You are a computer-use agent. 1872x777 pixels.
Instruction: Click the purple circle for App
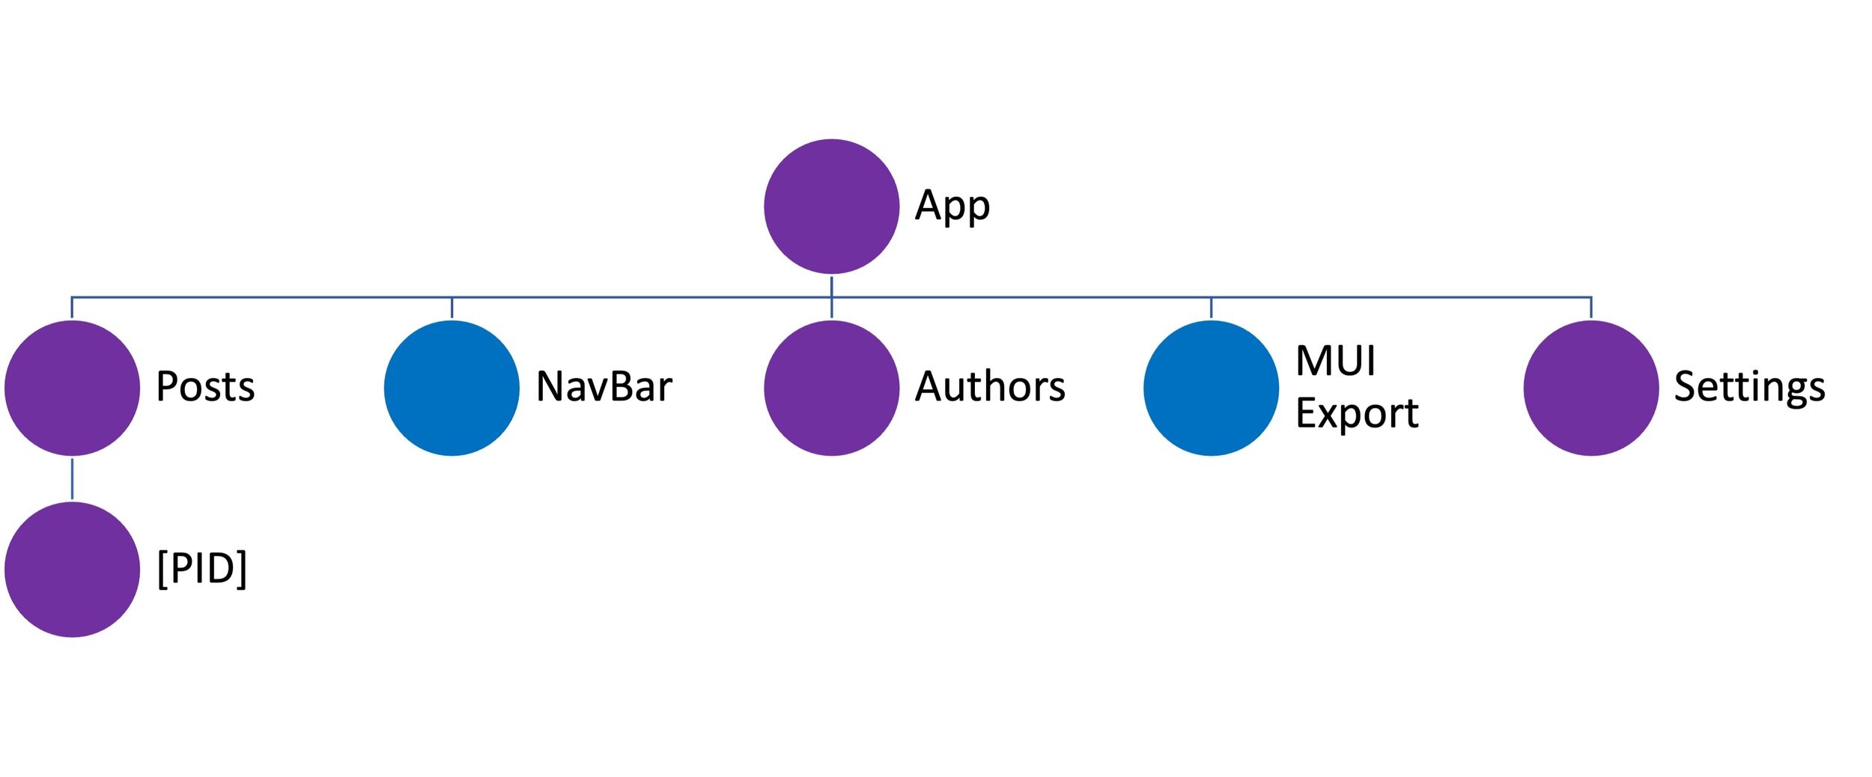click(831, 207)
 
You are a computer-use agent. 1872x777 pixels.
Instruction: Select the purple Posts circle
click(72, 388)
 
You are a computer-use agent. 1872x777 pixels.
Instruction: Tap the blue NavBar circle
click(452, 388)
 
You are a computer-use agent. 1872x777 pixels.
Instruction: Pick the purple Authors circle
click(831, 388)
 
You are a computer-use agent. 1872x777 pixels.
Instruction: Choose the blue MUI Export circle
click(1211, 388)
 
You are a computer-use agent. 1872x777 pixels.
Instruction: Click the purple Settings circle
click(1590, 388)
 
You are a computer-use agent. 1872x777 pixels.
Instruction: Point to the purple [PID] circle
click(72, 570)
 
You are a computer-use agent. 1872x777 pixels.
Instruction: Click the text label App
click(952, 206)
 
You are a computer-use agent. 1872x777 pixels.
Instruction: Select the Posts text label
click(205, 387)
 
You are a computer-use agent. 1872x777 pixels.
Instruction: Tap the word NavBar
click(604, 387)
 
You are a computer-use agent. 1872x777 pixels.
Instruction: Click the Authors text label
click(990, 387)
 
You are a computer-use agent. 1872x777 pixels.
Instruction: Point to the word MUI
click(1335, 361)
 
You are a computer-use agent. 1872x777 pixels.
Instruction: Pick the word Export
click(1357, 413)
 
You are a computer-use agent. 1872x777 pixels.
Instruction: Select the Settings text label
click(1749, 388)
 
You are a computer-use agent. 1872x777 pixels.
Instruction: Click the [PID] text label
click(201, 568)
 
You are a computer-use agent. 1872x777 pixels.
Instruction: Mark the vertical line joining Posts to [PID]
click(72, 479)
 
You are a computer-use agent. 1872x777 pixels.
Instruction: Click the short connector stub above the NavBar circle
click(452, 308)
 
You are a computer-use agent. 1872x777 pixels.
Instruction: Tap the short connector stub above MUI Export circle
click(1211, 308)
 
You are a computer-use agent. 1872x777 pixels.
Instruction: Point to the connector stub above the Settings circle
click(1590, 308)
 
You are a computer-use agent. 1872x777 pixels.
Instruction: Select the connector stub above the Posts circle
click(72, 308)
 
